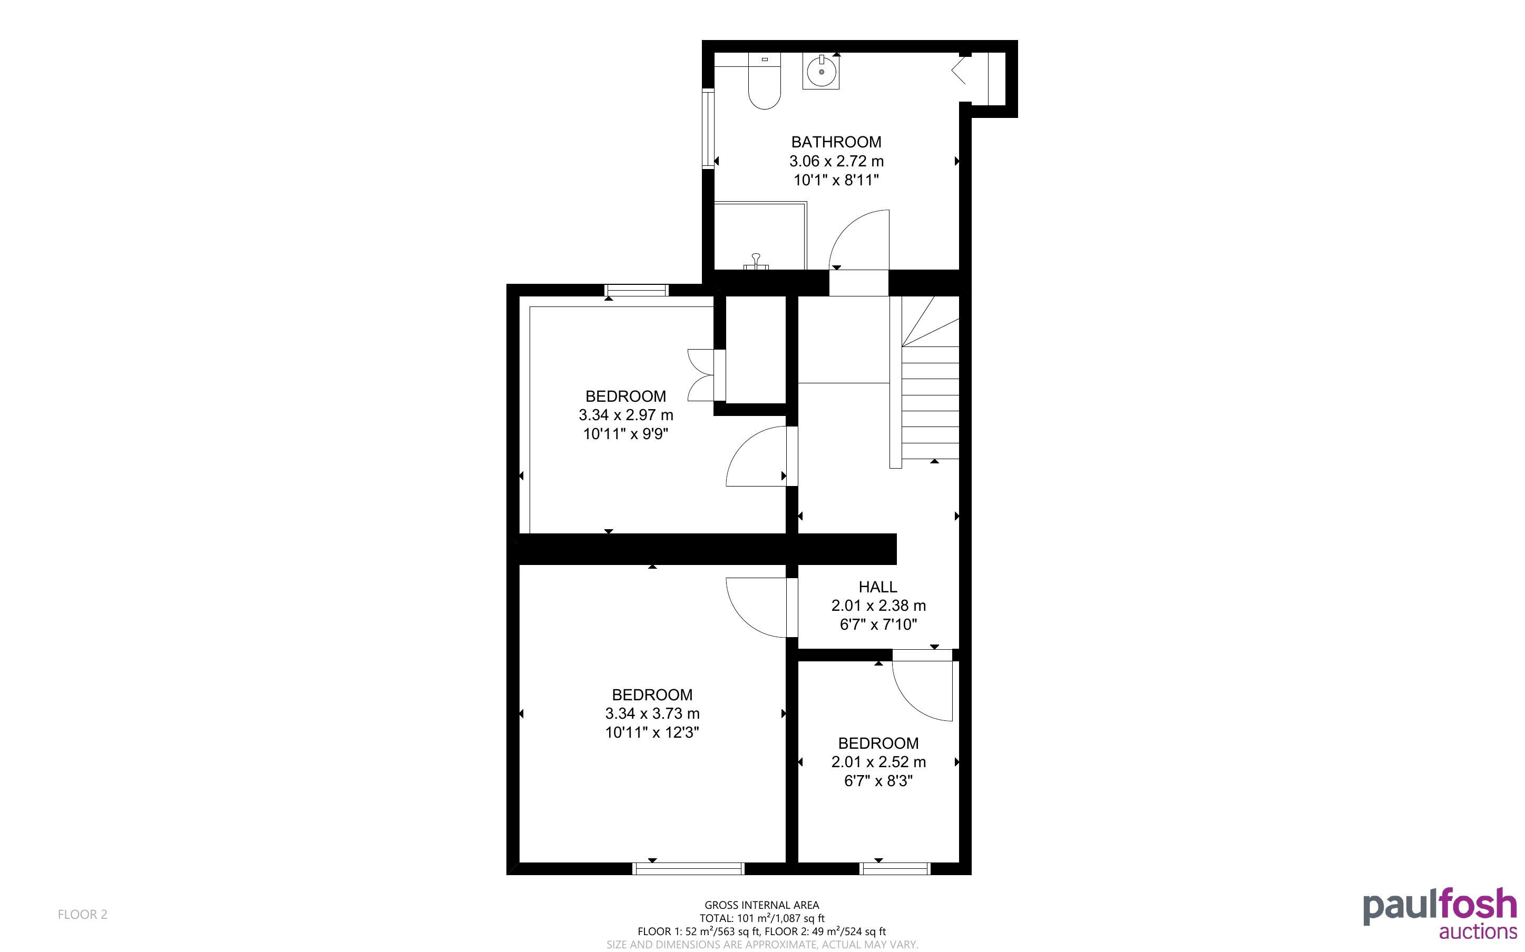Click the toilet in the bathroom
tap(764, 81)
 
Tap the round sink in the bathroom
tap(821, 71)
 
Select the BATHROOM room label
tap(836, 142)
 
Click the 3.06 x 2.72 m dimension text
tap(836, 161)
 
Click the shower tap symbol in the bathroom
tap(756, 262)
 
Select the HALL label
tap(877, 587)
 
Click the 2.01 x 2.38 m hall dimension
tap(878, 606)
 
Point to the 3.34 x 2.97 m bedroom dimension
tap(625, 415)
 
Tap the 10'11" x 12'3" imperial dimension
tap(652, 732)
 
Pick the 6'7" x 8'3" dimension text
tap(878, 781)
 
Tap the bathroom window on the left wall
tap(708, 129)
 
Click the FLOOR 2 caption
tap(83, 914)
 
